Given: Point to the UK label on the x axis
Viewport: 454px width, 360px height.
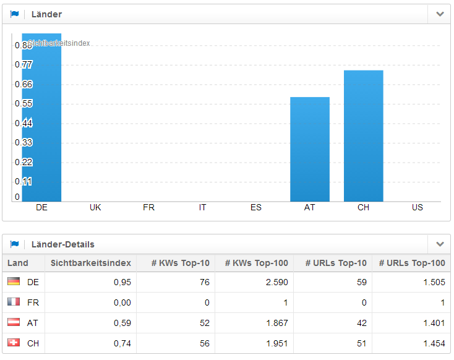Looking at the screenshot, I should (95, 208).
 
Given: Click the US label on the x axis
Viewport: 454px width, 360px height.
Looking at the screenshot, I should (418, 208).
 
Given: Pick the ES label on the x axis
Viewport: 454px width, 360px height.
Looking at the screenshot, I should (256, 208).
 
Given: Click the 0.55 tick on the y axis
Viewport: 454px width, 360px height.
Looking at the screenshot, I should (24, 104).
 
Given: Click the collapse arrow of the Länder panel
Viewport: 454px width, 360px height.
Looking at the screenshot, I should (440, 14).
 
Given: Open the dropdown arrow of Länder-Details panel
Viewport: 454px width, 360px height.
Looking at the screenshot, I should (440, 244).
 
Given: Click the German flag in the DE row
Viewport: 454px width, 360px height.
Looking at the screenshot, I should (14, 282).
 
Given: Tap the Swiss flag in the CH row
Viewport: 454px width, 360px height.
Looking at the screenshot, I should (14, 343).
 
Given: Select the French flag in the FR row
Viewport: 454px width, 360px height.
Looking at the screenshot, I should (14, 302).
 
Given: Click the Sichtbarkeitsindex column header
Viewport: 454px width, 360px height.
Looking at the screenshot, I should (91, 264).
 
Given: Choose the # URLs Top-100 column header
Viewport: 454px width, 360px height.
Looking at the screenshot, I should (411, 264).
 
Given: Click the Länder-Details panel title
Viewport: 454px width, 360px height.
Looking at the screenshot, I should (62, 245).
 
